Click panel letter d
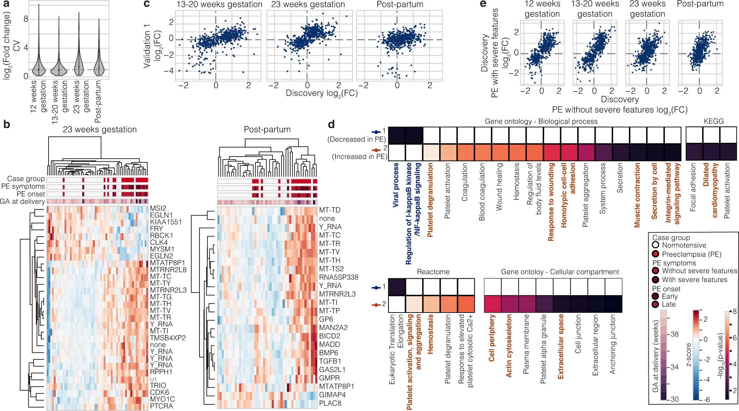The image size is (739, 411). (x=331, y=124)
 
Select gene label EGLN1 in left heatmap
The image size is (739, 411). (x=161, y=215)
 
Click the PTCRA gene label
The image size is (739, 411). (x=161, y=406)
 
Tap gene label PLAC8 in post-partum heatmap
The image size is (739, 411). (x=330, y=403)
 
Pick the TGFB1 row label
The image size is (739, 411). (x=330, y=361)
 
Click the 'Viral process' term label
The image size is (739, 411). (x=396, y=185)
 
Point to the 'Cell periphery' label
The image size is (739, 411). (x=492, y=338)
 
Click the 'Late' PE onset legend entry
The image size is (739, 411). (x=668, y=304)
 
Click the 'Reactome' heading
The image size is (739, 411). (x=433, y=272)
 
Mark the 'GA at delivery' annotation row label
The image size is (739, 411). (x=22, y=201)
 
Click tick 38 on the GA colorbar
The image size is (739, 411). (x=674, y=334)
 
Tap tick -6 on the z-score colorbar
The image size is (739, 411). (x=708, y=399)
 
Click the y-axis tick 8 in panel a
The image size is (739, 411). (x=26, y=19)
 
